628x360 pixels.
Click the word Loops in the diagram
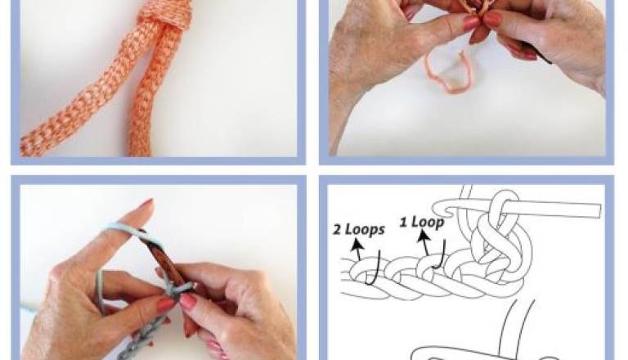tap(365, 230)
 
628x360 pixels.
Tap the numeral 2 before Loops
tap(337, 230)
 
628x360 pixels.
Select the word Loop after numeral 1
tap(428, 223)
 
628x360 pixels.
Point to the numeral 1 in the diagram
tap(403, 222)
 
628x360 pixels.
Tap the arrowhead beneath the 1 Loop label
tap(423, 236)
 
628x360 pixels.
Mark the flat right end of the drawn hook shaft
tap(600, 211)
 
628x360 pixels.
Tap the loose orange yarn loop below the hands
tap(446, 75)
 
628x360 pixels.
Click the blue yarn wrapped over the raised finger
tap(120, 230)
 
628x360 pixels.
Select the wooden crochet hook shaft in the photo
tap(160, 258)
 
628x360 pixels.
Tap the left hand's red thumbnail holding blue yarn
tap(165, 305)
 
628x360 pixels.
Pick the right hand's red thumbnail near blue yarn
tap(188, 300)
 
